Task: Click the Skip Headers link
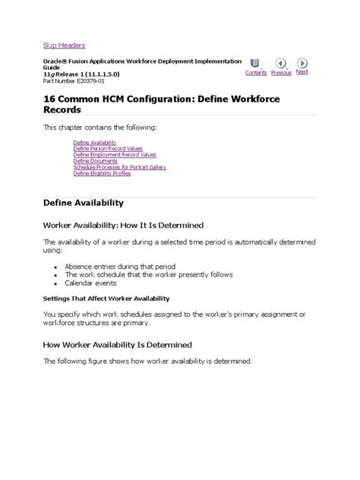click(x=64, y=45)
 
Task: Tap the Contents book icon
click(x=255, y=63)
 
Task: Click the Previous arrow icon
click(x=280, y=63)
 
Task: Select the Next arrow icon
click(x=302, y=62)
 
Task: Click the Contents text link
click(x=256, y=73)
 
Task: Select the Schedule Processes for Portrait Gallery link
click(x=119, y=167)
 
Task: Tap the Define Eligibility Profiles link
click(x=102, y=173)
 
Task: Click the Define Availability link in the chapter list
click(x=94, y=143)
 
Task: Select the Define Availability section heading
click(x=83, y=204)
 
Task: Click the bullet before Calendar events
click(x=57, y=284)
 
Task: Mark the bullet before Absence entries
click(x=57, y=267)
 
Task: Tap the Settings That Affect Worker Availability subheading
click(x=106, y=298)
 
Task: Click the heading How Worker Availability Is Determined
click(x=118, y=344)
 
